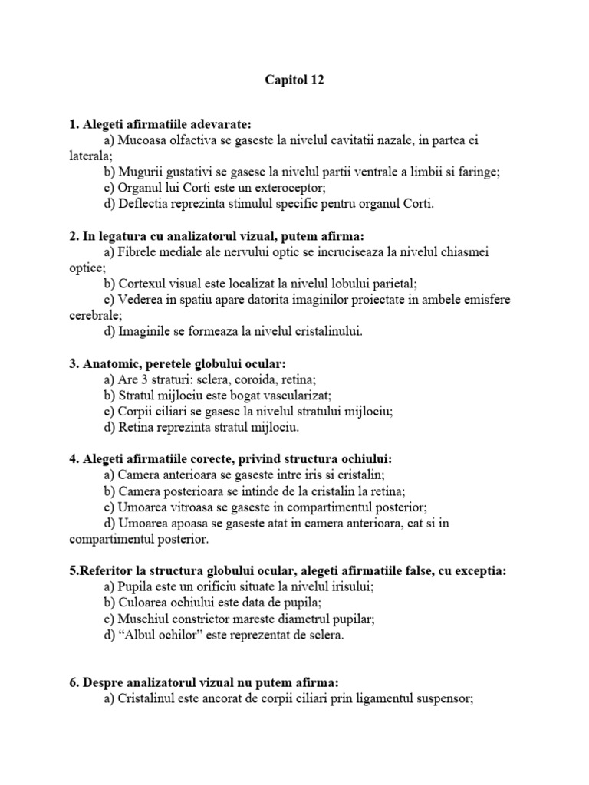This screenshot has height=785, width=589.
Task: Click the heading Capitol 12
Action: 294,80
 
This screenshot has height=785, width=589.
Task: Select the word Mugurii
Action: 140,172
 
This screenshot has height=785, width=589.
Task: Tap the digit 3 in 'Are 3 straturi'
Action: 143,379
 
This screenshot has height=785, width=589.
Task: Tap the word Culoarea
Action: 143,603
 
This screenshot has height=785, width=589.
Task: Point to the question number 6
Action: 74,682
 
